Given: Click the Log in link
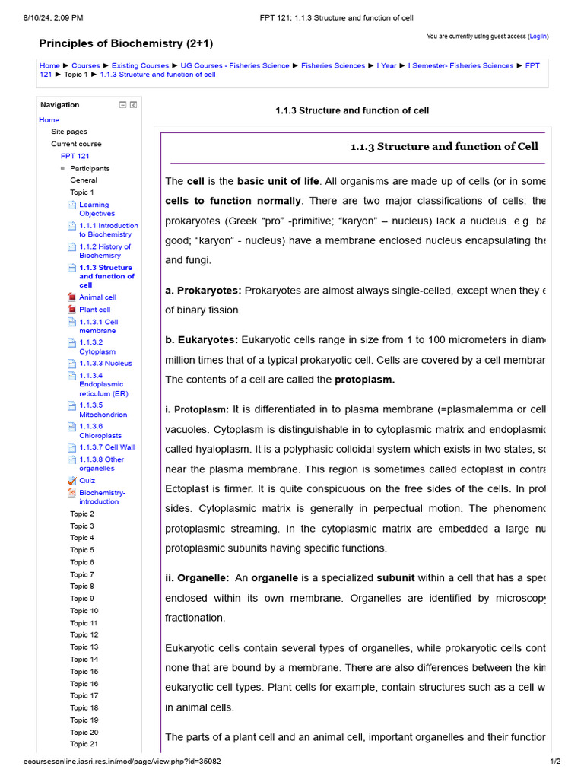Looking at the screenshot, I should pos(538,36).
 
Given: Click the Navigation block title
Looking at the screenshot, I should pos(60,105).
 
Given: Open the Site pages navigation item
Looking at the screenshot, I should pos(69,132).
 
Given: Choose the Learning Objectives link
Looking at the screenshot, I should pos(97,209).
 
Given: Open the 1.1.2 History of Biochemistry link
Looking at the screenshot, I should pos(105,251).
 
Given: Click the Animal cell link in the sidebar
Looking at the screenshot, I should pos(97,297).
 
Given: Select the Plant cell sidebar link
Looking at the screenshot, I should pos(94,310).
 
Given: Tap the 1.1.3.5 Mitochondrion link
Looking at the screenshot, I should pos(103,410).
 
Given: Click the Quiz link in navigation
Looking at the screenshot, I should pos(87,481).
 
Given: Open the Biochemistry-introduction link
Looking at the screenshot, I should pos(102,497).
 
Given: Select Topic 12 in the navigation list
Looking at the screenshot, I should pos(84,635).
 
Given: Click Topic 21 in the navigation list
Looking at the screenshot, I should pos(84,744).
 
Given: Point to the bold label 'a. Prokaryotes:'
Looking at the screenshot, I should pos(203,291).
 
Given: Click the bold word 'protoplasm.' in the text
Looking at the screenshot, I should pos(364,380).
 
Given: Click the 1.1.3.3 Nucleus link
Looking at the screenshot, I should pos(105,364).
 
